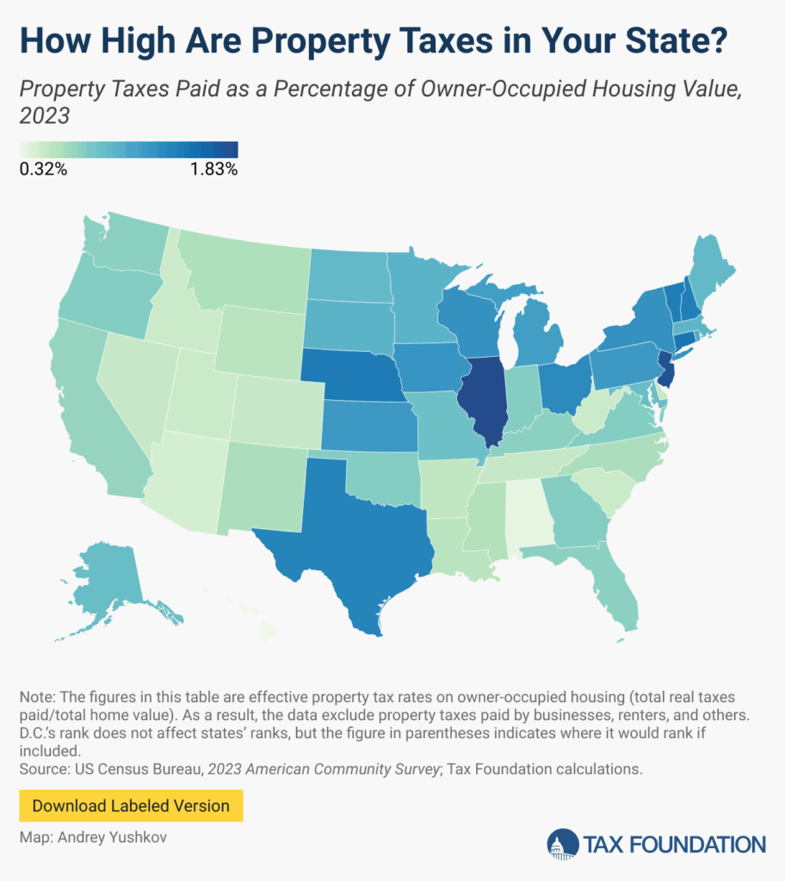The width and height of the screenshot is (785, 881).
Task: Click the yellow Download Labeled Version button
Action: (131, 806)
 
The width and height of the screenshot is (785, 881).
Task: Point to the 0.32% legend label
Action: (43, 169)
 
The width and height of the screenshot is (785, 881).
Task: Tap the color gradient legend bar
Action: (128, 150)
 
